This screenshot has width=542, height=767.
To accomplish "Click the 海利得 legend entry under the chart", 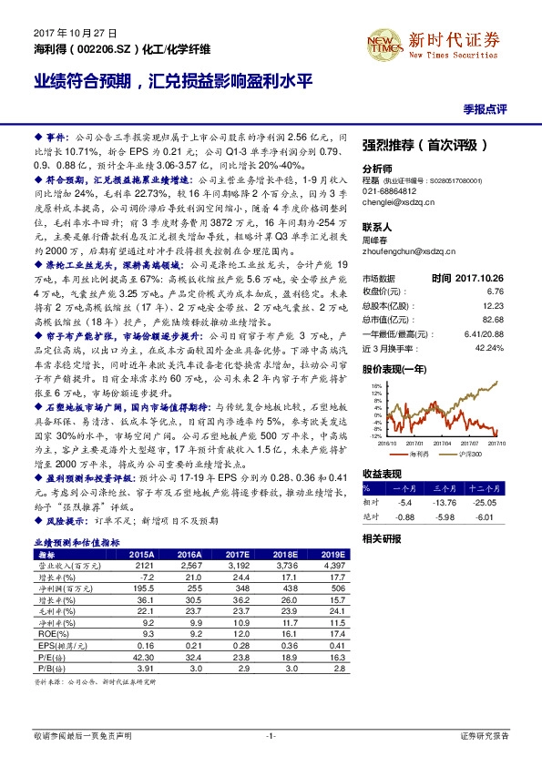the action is [x=418, y=452].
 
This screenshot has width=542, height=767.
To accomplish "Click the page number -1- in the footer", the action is [x=271, y=734].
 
